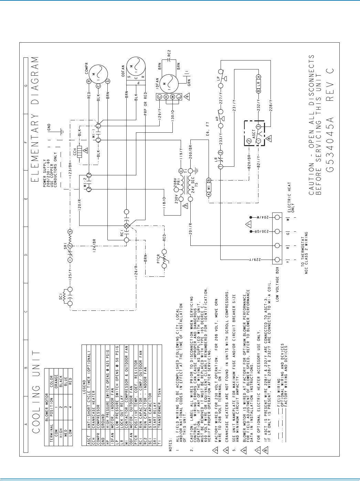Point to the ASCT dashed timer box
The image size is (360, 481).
click(254, 133)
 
